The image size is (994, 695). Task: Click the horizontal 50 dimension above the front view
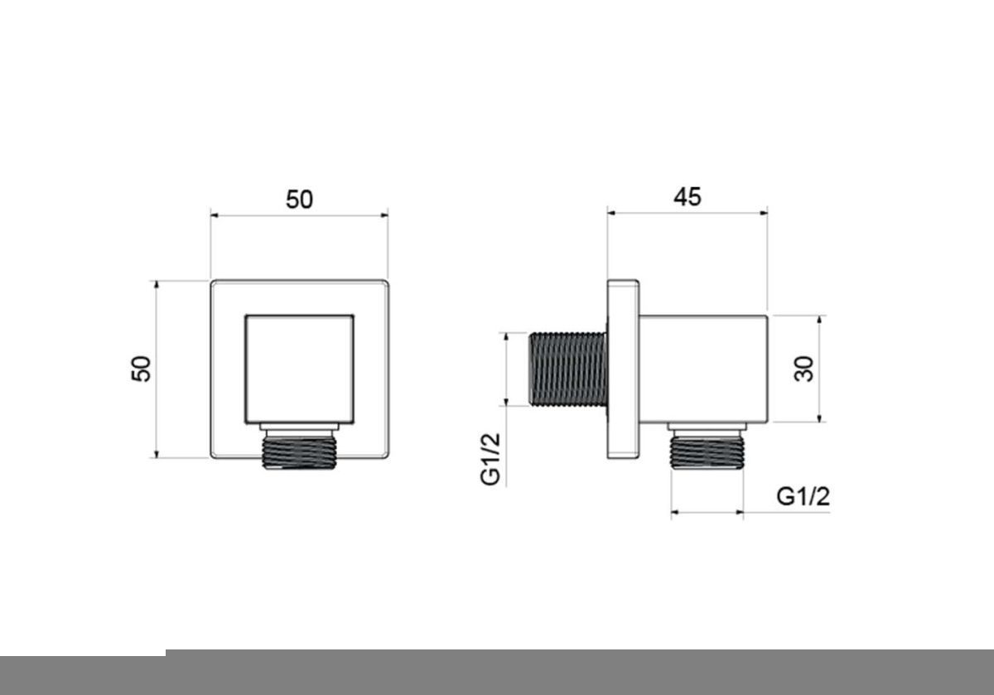[299, 200]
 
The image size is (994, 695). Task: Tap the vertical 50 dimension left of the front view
[141, 369]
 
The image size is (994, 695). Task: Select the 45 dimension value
[688, 196]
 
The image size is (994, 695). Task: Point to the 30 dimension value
[803, 369]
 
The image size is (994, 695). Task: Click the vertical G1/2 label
[490, 460]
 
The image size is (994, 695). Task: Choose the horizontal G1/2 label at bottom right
[803, 497]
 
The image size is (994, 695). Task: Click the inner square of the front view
[300, 369]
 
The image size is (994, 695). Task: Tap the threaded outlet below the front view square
[299, 452]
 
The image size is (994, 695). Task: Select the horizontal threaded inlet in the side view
[568, 369]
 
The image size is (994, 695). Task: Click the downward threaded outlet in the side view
[707, 452]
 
